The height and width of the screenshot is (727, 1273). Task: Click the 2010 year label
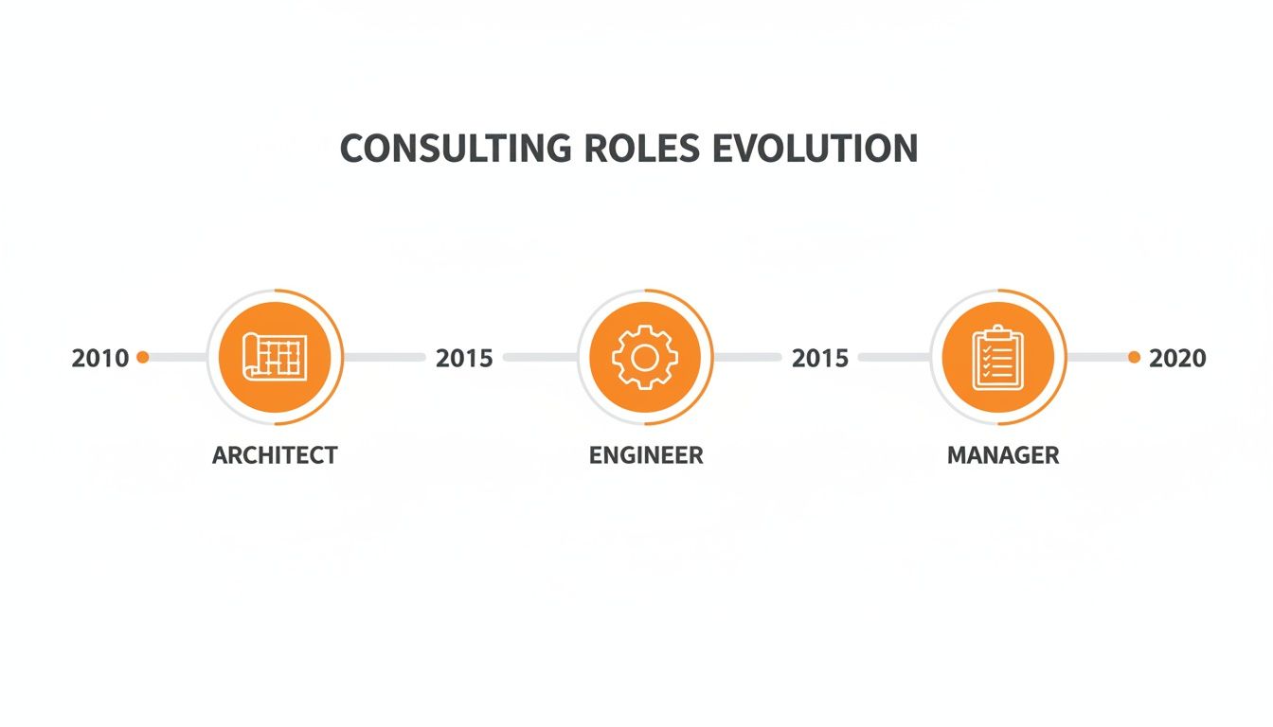(100, 358)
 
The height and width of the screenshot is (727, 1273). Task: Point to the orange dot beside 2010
(143, 357)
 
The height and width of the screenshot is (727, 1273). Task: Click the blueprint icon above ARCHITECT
(275, 358)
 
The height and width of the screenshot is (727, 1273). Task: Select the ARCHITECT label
(275, 455)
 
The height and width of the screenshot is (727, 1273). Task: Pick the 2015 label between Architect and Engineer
(464, 358)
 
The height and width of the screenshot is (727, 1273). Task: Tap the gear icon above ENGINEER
(645, 358)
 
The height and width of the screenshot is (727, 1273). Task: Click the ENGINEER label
(646, 455)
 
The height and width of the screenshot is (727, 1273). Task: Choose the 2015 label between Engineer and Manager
(820, 358)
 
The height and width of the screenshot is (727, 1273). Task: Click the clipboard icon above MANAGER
(998, 358)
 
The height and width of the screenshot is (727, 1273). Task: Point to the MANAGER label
(1003, 455)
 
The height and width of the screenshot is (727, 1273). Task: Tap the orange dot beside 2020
(1134, 357)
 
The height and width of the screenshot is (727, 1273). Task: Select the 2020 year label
(1177, 358)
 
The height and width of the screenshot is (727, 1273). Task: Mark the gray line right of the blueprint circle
(384, 357)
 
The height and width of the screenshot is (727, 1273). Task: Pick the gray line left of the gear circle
(541, 357)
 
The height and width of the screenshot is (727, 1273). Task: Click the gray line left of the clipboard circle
(894, 357)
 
